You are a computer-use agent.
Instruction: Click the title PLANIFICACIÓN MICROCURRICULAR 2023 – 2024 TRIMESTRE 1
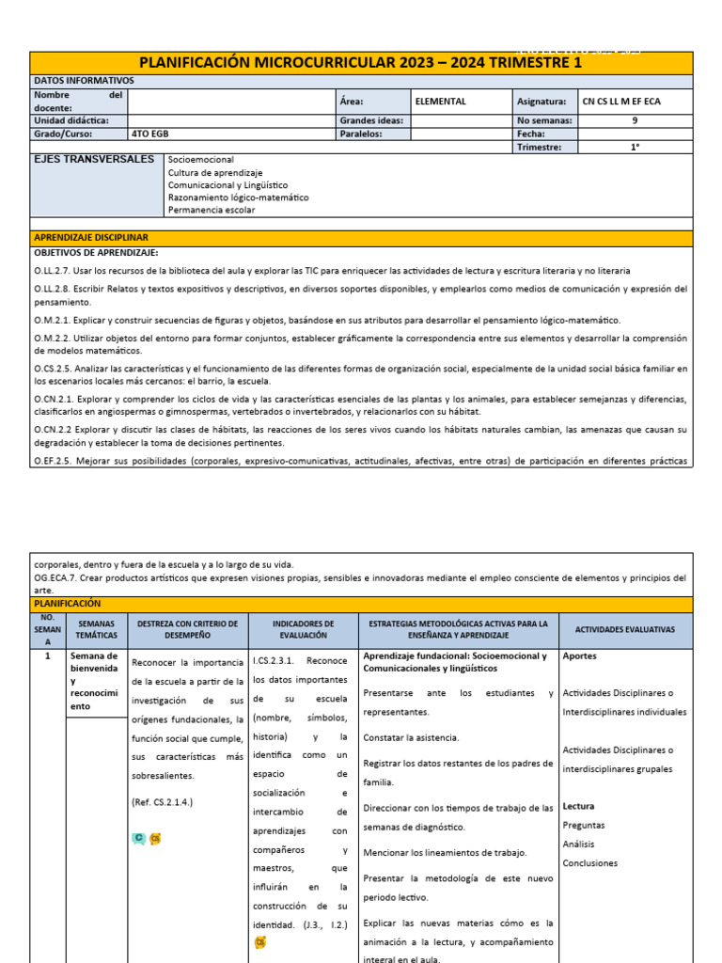(361, 63)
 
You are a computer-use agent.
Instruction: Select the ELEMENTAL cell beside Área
(441, 101)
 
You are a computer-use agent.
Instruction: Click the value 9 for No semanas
(635, 120)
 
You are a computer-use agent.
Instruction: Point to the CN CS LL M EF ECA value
(621, 101)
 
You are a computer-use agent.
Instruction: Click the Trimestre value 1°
(635, 147)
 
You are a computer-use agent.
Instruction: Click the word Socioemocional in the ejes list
(201, 161)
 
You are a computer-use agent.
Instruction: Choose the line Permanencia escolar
(212, 210)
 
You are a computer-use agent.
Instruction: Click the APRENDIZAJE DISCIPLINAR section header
(91, 237)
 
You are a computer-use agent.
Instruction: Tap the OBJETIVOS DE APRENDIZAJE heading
(97, 253)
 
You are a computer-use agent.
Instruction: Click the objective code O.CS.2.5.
(53, 368)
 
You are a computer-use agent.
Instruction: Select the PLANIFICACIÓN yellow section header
(67, 603)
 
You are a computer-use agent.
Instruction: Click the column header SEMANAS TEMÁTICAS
(96, 629)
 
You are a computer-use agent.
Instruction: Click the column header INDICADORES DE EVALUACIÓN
(303, 629)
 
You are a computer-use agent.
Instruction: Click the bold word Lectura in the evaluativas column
(578, 806)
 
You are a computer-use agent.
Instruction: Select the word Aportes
(579, 656)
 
